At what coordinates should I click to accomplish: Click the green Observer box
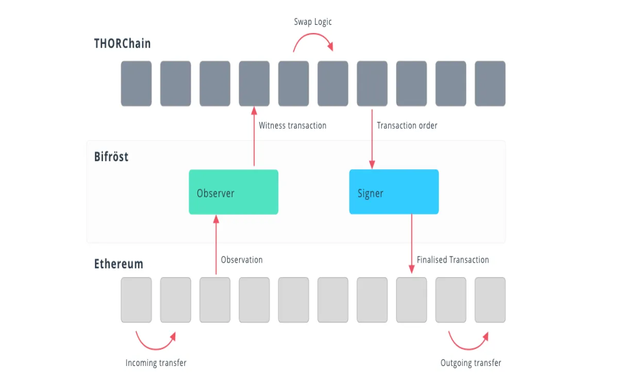(234, 192)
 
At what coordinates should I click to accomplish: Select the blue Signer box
(394, 192)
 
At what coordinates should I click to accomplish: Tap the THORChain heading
(122, 43)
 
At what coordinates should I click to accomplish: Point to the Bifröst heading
(111, 156)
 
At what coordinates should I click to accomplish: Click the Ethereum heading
(119, 264)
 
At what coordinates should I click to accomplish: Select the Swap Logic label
(313, 22)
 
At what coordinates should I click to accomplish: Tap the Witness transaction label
(292, 125)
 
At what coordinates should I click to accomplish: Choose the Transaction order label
(407, 125)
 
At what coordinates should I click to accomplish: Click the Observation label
(242, 260)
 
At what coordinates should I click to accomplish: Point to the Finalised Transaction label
(453, 260)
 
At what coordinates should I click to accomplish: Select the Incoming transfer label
(156, 363)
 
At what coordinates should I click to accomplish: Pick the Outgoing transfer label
(471, 363)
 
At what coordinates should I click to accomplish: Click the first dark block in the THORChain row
(136, 84)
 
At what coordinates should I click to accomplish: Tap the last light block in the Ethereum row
(490, 300)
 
